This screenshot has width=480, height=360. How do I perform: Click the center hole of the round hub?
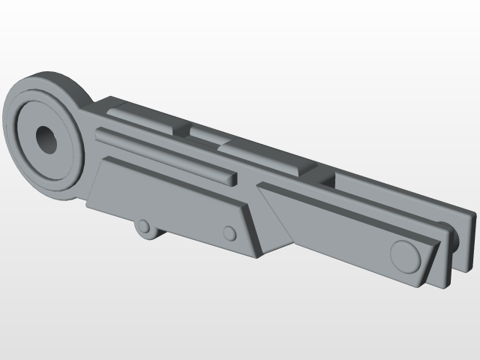tap(47, 139)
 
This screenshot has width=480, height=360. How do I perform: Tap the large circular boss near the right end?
tap(406, 255)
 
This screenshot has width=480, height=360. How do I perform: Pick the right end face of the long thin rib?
tap(233, 180)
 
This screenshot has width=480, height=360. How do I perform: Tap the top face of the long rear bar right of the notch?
tap(397, 195)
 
